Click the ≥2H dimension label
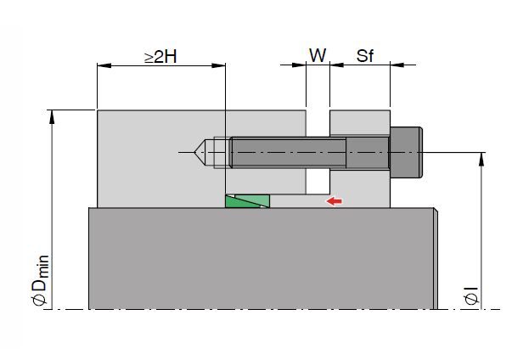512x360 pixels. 161,57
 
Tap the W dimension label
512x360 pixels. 318,55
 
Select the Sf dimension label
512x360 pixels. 365,56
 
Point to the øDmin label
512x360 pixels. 41,281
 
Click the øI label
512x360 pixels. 471,295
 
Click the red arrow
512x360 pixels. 334,201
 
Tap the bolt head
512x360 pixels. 406,152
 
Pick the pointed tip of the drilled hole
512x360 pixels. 194,153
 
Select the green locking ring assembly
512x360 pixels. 248,201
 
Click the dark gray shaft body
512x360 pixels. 262,258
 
